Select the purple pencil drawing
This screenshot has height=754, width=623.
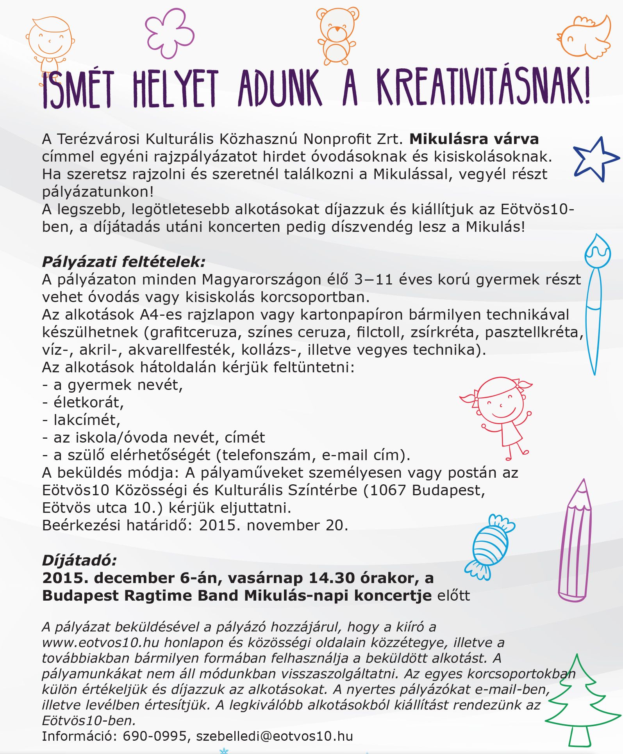[x=574, y=542]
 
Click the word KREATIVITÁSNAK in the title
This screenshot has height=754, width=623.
[x=482, y=87]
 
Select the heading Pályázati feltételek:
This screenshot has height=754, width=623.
[x=123, y=262]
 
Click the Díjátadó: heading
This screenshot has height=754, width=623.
[x=79, y=560]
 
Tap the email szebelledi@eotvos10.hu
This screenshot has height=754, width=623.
[x=274, y=736]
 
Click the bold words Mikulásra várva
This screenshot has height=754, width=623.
[x=474, y=139]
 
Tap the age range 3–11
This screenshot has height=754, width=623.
[x=373, y=279]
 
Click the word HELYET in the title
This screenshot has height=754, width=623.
[x=175, y=89]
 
